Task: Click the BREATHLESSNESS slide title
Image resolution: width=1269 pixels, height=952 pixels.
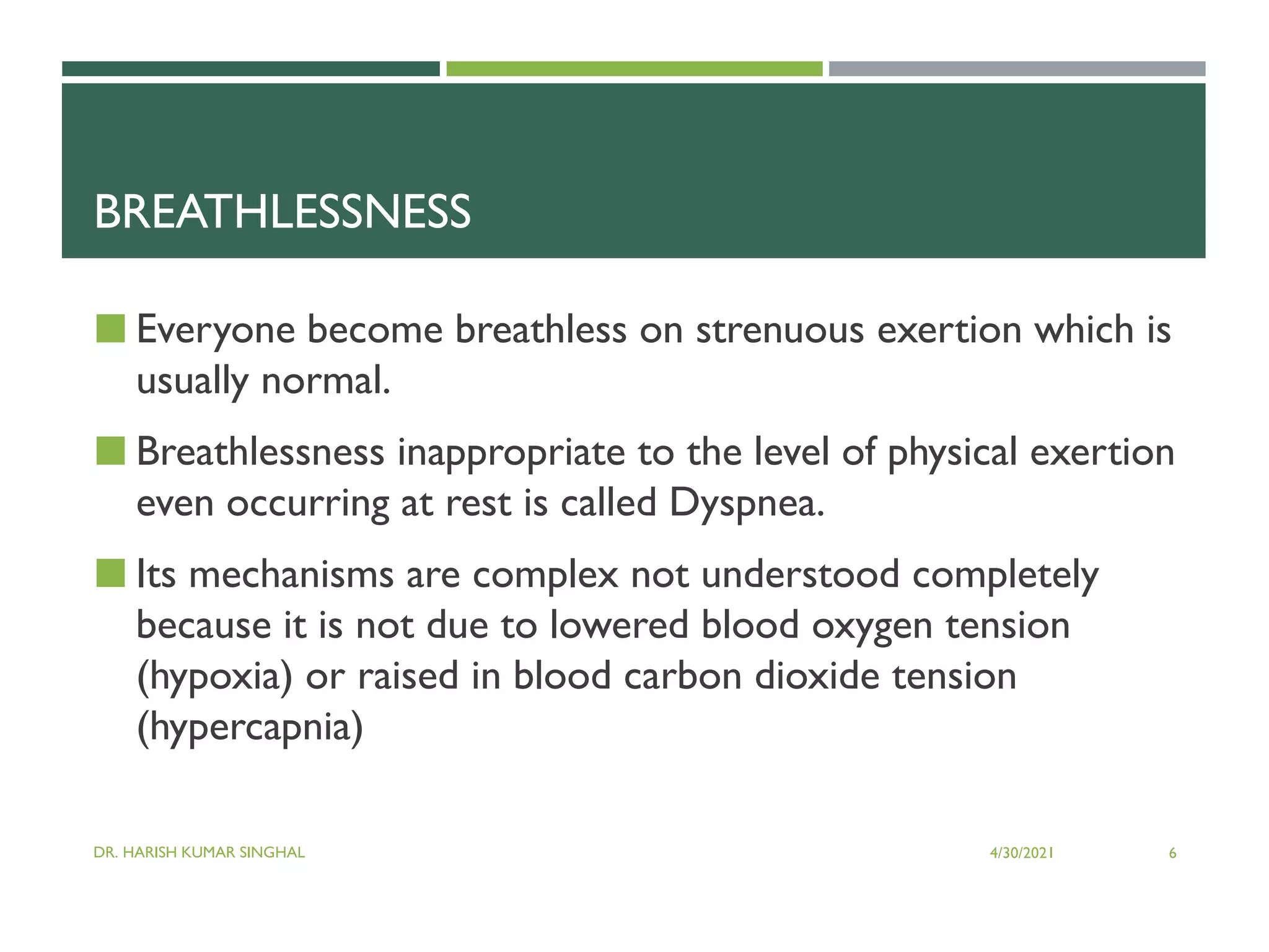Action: point(283,212)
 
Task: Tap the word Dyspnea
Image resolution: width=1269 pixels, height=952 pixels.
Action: point(746,503)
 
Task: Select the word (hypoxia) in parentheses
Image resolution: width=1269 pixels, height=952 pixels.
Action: point(214,676)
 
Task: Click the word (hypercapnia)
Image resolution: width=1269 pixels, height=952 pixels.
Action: point(250,727)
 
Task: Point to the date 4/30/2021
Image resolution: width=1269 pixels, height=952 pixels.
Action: point(1021,853)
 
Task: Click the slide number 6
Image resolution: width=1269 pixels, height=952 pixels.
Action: point(1172,853)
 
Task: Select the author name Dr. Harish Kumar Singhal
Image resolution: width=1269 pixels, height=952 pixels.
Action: point(199,852)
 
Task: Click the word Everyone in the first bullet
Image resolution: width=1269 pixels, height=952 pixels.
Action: point(215,330)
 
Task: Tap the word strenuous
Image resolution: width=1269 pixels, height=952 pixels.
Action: point(779,330)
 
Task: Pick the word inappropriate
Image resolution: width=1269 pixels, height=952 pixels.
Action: point(511,452)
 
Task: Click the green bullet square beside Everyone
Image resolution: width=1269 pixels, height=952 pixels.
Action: point(110,328)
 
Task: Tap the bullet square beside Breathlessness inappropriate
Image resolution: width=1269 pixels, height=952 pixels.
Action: point(110,451)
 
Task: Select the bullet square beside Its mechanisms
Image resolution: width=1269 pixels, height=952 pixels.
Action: point(110,573)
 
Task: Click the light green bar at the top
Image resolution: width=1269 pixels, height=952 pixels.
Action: point(634,69)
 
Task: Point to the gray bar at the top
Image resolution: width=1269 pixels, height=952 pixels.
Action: point(1017,69)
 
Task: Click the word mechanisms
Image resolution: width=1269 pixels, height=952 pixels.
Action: point(291,575)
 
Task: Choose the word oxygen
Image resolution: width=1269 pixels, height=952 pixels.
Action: point(872,625)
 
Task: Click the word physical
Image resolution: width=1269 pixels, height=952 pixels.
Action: point(952,452)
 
